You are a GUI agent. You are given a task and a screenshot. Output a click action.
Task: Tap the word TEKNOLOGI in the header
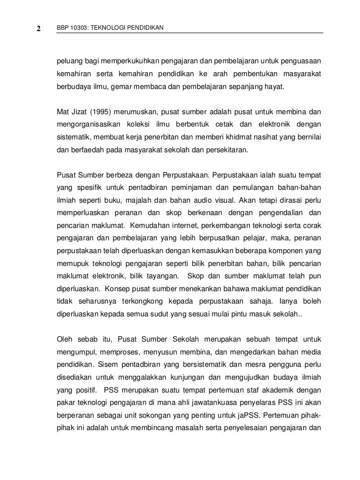pos(109,27)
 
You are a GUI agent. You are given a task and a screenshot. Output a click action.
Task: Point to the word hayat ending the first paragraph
pos(281,86)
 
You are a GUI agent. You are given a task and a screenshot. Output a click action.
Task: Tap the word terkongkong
pos(135,301)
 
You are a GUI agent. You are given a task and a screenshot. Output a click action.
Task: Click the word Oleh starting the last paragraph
pos(64,339)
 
